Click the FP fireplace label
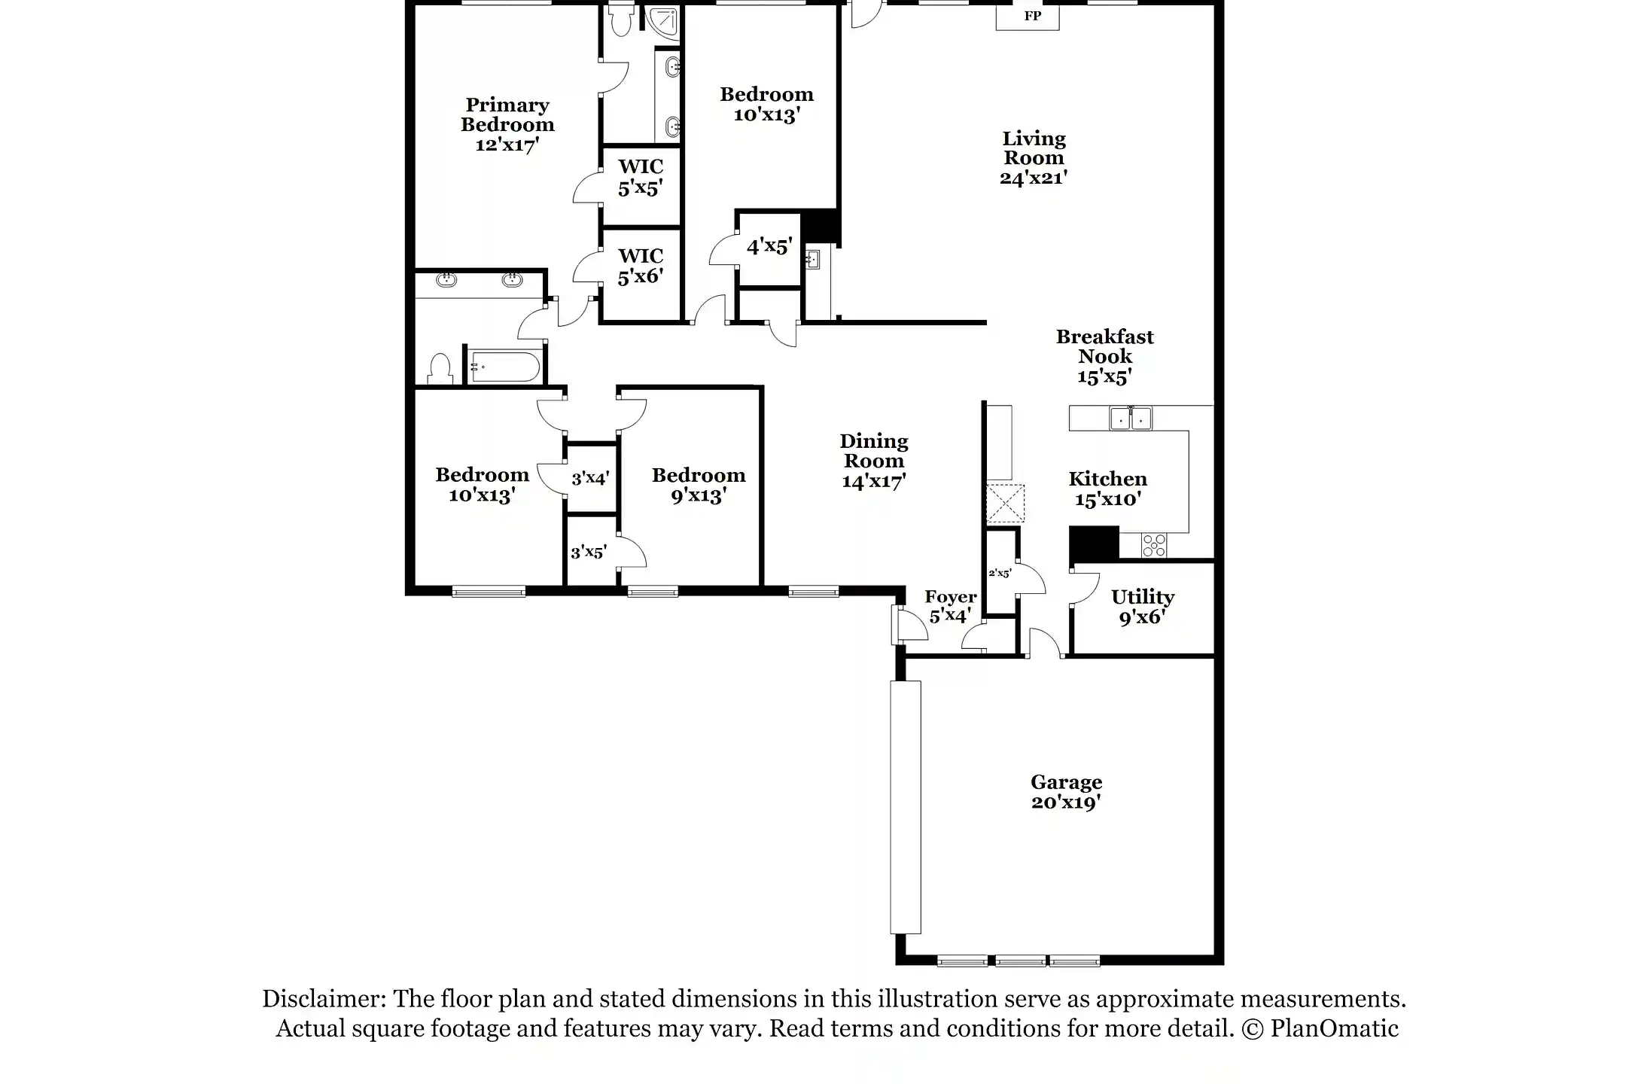coord(1032,16)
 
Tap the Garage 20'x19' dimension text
coord(1066,802)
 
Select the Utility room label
coord(1142,598)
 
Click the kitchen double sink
coord(1131,419)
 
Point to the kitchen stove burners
coord(1154,545)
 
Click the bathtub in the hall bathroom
coord(502,367)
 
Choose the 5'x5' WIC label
coord(641,178)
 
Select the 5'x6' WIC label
coord(641,266)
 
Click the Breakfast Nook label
coord(1104,347)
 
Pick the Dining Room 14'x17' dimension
coord(873,482)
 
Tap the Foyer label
coord(950,598)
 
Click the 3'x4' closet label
coord(590,478)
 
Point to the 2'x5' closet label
coord(1000,573)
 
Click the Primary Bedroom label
coord(507,115)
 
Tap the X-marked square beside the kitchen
coord(1005,504)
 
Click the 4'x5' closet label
coord(769,246)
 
